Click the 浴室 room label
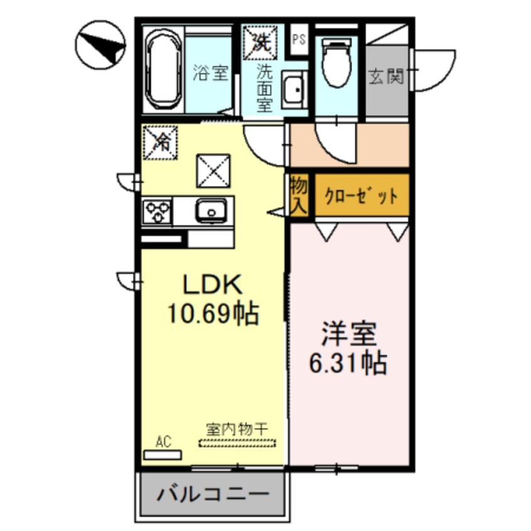(x=210, y=74)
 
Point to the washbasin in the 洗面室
(x=292, y=88)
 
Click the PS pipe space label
(x=299, y=40)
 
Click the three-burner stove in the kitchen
(x=156, y=211)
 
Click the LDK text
(x=212, y=286)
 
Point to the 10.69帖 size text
(x=212, y=312)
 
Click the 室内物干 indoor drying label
(x=237, y=429)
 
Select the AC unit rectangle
(x=163, y=454)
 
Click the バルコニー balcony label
(x=212, y=493)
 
